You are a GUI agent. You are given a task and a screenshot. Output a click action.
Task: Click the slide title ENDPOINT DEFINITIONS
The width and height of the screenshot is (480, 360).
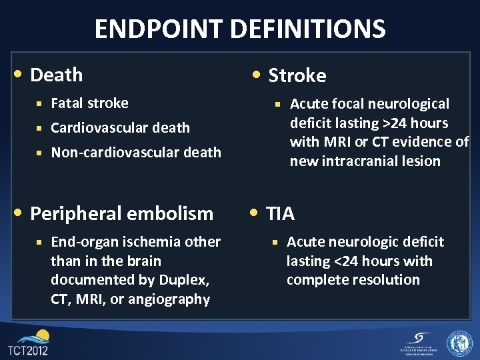pyautogui.click(x=240, y=29)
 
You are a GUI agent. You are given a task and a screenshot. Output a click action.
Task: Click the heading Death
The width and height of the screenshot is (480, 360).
pyautogui.click(x=57, y=75)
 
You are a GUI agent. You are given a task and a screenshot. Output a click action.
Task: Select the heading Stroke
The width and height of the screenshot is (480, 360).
pyautogui.click(x=297, y=76)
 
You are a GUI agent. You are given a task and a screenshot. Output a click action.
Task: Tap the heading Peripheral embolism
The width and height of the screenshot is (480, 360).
pyautogui.click(x=122, y=213)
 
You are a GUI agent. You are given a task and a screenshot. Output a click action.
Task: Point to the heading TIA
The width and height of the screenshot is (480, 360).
pyautogui.click(x=280, y=213)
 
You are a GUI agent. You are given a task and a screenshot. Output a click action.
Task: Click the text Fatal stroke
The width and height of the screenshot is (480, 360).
pyautogui.click(x=89, y=103)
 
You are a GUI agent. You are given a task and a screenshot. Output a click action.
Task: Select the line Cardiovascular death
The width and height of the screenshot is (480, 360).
pyautogui.click(x=120, y=128)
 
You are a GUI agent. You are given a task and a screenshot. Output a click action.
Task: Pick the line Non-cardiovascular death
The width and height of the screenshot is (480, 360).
pyautogui.click(x=136, y=153)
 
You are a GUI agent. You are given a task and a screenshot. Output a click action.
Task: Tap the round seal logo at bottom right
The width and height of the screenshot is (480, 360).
pyautogui.click(x=459, y=343)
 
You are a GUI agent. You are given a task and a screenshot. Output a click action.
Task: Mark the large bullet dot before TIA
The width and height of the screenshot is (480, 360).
pyautogui.click(x=256, y=213)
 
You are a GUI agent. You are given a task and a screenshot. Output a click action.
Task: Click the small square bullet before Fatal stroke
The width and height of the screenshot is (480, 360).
pyautogui.click(x=40, y=103)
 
